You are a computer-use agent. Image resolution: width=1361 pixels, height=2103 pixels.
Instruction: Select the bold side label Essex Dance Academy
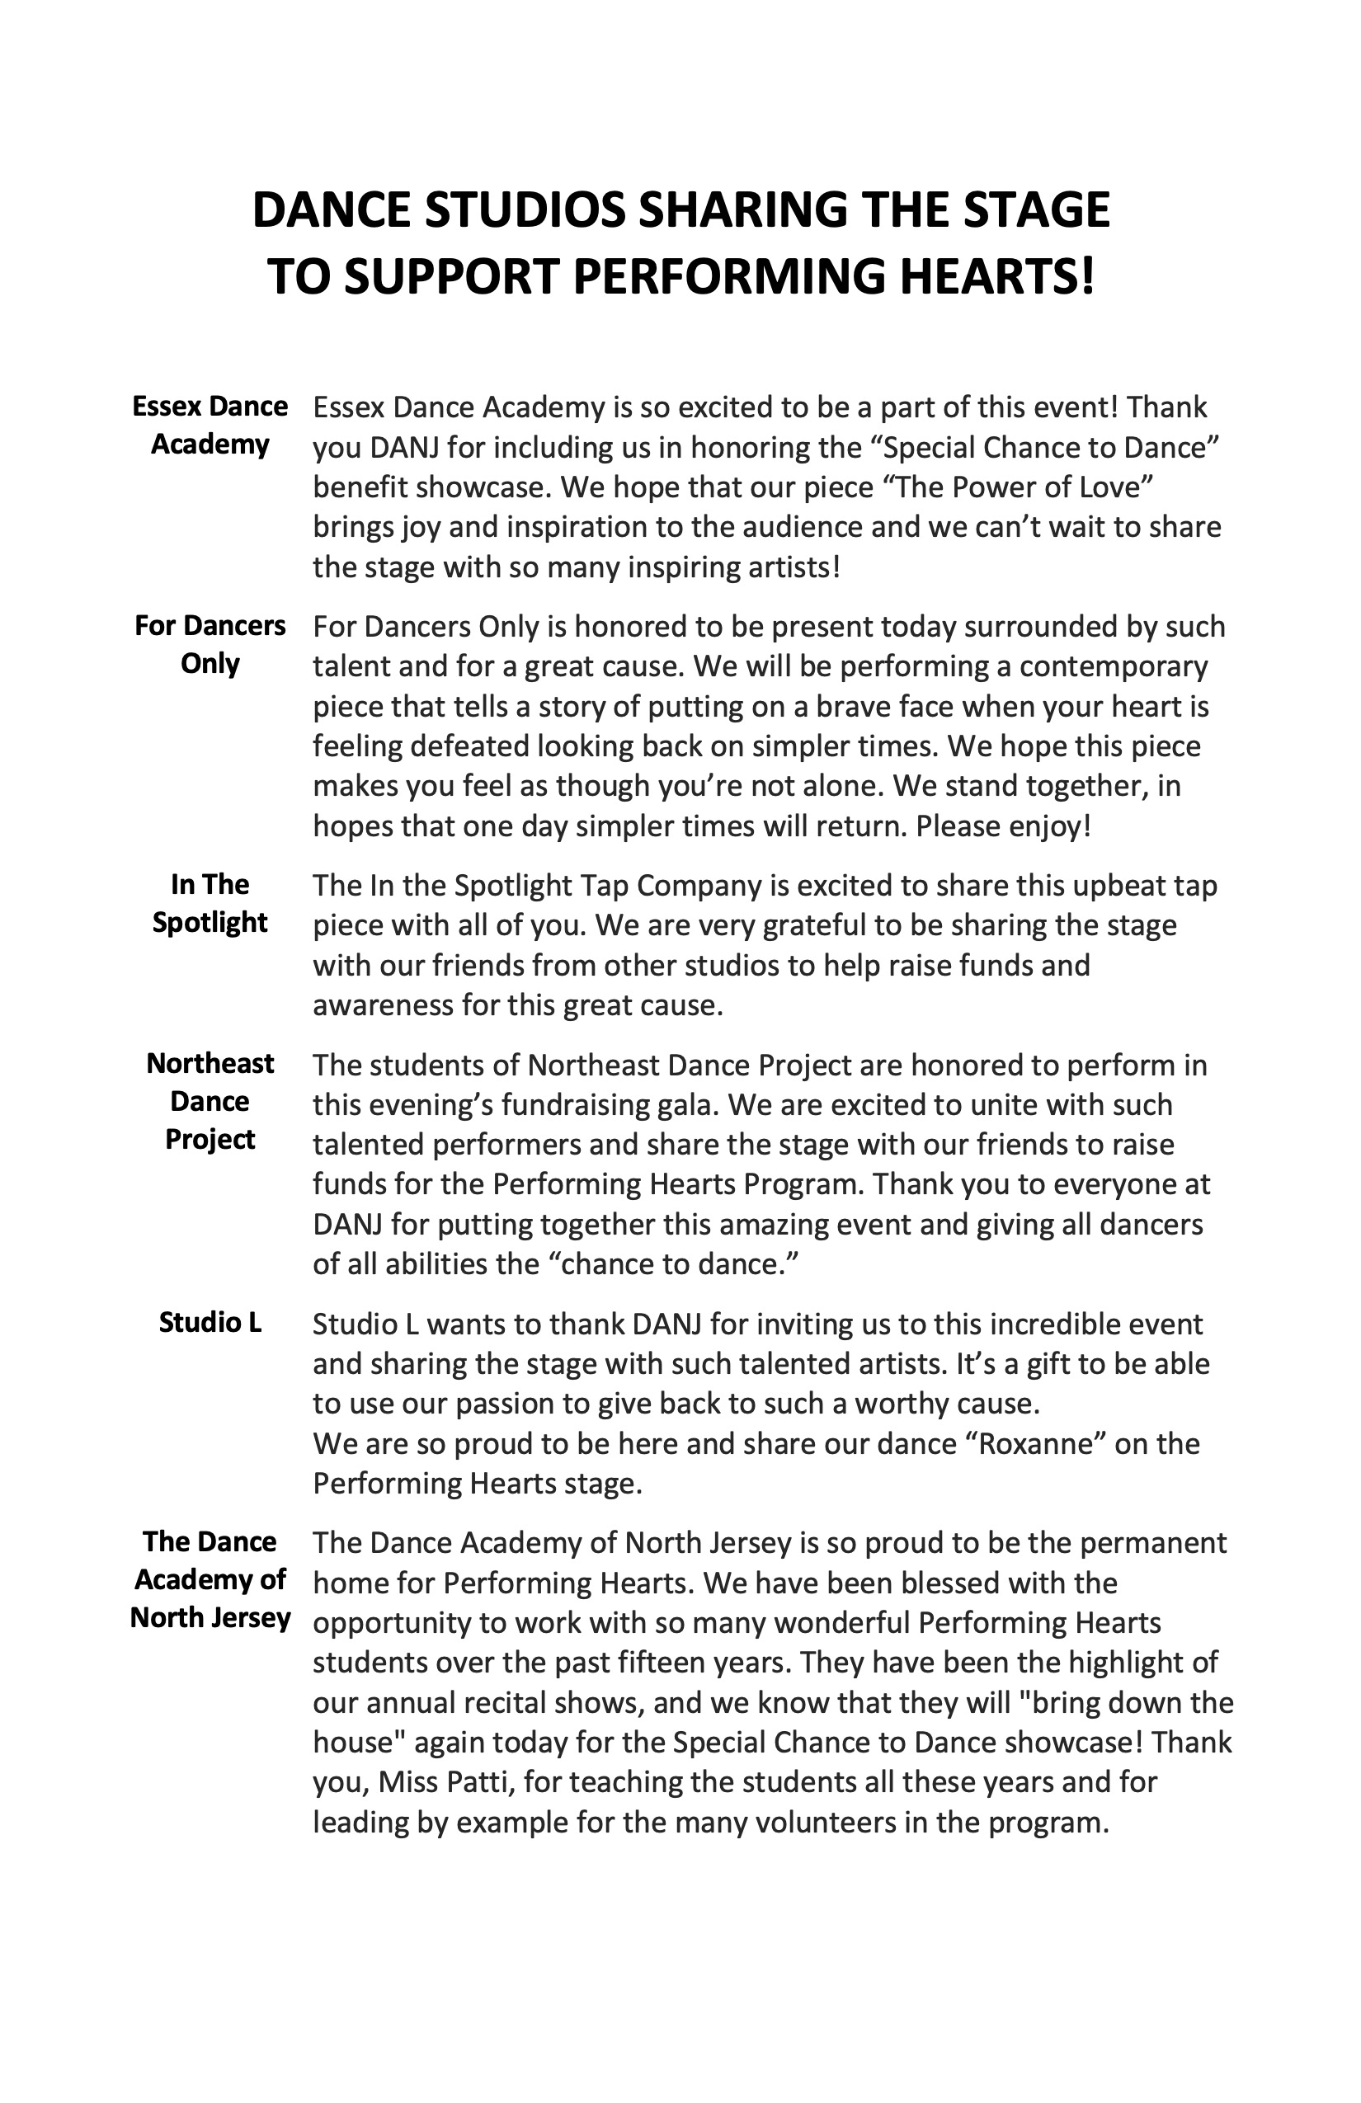click(x=210, y=425)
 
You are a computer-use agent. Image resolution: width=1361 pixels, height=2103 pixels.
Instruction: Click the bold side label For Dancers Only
click(x=210, y=644)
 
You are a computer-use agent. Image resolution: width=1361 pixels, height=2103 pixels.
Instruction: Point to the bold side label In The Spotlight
click(x=210, y=903)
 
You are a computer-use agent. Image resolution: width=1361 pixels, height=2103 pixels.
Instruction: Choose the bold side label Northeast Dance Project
click(x=210, y=1101)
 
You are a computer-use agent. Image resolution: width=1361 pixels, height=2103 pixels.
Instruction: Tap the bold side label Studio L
click(x=210, y=1322)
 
